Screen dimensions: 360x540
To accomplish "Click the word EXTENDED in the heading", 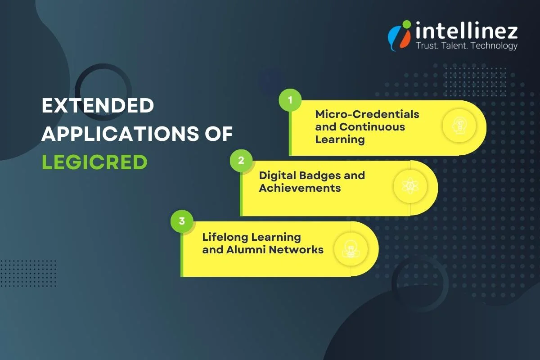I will coord(98,106).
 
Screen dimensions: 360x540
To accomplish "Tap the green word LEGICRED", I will coord(94,162).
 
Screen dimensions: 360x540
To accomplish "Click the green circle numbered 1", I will coord(290,100).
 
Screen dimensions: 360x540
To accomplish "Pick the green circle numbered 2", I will coord(241,161).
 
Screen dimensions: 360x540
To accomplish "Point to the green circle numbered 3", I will coord(182,221).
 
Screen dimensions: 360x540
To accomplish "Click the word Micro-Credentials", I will coord(367,114).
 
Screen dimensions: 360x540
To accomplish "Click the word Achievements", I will coord(300,188).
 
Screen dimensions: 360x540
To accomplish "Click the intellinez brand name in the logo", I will coord(466,31).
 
